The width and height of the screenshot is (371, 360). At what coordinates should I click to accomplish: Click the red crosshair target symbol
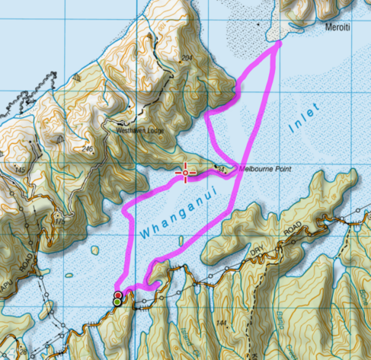pyautogui.click(x=185, y=173)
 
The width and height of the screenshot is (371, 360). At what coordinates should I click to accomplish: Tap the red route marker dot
pyautogui.click(x=117, y=295)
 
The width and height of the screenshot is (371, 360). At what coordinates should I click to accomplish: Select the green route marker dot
pyautogui.click(x=117, y=302)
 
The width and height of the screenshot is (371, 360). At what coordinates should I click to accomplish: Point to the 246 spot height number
pyautogui.click(x=91, y=149)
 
